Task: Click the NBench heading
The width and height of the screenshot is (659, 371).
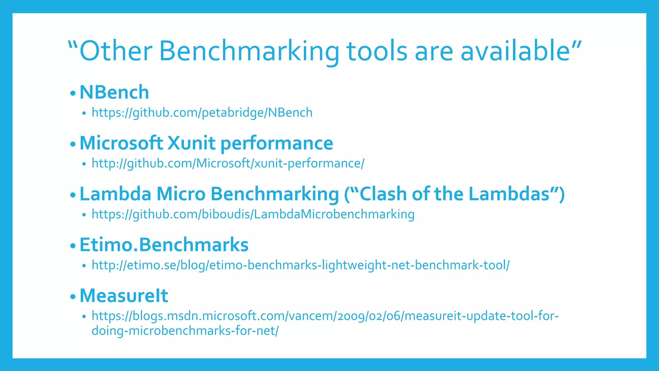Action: coord(114,92)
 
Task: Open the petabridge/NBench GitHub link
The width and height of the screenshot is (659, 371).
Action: coord(202,113)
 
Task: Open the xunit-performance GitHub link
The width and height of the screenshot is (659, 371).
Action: coord(228,164)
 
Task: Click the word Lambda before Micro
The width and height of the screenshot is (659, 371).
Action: coord(115,194)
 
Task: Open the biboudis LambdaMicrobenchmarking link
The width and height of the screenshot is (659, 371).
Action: coord(253,214)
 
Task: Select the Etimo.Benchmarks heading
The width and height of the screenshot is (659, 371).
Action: coord(164,245)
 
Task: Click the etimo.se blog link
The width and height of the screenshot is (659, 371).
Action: coord(301,265)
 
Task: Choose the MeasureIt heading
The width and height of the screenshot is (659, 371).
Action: coord(124,296)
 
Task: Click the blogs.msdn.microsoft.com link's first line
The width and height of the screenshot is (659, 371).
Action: coord(325,316)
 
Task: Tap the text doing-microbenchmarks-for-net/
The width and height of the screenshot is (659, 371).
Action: coord(185,331)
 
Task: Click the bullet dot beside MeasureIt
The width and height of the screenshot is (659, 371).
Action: coord(73,296)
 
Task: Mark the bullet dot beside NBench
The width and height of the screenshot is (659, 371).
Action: coord(73,93)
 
